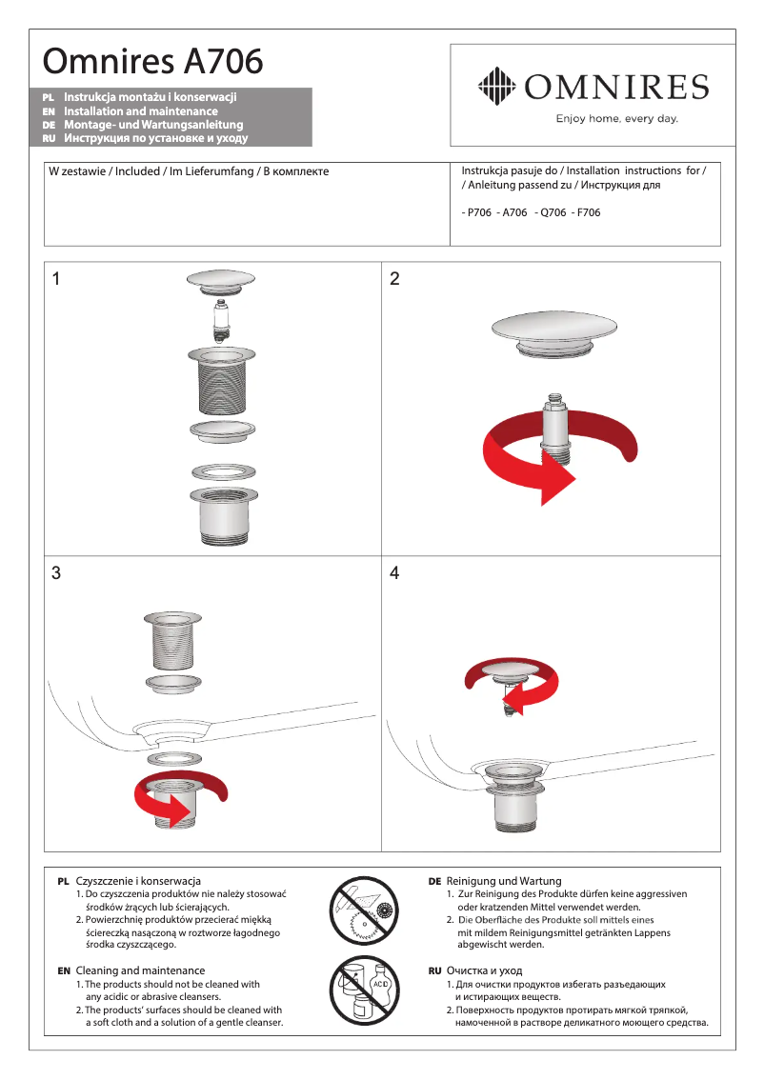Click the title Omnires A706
(152, 62)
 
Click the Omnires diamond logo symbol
(495, 88)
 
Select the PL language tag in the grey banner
(49, 97)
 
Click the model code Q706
(553, 212)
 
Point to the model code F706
(587, 212)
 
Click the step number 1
(56, 279)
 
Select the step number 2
(394, 279)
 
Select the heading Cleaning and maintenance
(133, 970)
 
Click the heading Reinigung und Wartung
(504, 881)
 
